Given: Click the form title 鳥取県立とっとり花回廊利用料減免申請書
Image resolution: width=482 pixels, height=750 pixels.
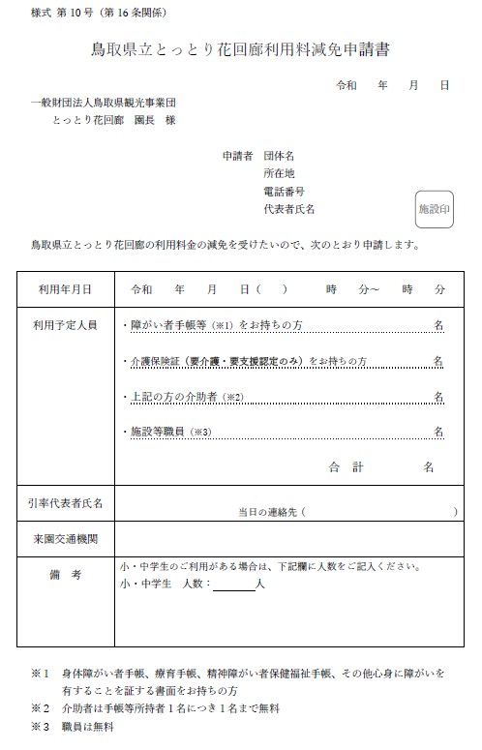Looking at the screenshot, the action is pos(240,49).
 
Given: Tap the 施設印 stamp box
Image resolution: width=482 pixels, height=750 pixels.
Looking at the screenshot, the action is pos(434,208).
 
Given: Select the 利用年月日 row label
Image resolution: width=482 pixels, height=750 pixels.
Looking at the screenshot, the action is pos(66,289).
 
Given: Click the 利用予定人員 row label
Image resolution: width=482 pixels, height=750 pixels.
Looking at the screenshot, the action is pos(66,326).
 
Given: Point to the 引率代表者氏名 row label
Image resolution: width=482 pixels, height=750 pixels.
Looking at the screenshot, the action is pos(66,503).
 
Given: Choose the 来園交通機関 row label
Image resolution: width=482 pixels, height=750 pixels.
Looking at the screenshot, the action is pos(66,538).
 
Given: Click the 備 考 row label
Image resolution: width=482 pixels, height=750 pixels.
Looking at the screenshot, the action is pos(66,575).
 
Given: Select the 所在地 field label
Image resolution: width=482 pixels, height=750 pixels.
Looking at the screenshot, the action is pos(279,173).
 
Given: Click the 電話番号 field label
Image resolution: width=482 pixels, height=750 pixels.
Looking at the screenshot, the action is pos(284,192).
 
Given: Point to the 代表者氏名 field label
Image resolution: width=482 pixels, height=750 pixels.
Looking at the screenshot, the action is pos(288,209).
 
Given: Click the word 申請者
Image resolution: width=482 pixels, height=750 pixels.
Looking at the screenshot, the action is pos(237,155).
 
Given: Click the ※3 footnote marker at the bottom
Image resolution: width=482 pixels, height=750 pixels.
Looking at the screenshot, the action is pos(39,726).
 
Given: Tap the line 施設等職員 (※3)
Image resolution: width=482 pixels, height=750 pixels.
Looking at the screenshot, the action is pos(170,432).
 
